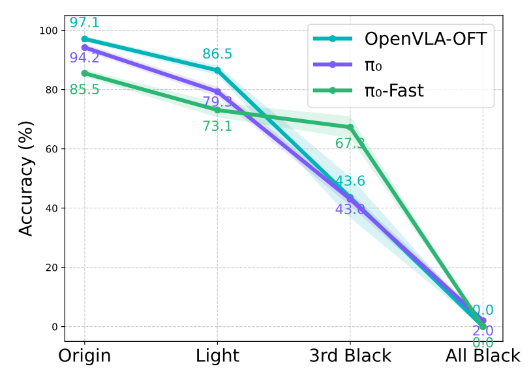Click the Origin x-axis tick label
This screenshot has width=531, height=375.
pos(84,356)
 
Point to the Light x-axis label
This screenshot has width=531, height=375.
pos(217,356)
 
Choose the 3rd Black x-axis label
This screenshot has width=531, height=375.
pos(350,356)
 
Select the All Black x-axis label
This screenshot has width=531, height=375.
pos(483,356)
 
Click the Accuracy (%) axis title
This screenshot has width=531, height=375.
pos(26,178)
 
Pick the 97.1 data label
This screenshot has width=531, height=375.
pos(85,23)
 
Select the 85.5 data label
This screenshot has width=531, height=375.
pos(85,89)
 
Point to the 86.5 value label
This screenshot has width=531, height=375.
pos(217,54)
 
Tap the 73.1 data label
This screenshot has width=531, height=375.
pos(217,126)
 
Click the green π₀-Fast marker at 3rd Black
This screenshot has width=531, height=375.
pos(350,128)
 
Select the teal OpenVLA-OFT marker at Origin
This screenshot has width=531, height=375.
pos(85,39)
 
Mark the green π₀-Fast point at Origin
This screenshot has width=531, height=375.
pos(85,74)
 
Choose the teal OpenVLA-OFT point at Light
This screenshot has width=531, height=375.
pos(217,70)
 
